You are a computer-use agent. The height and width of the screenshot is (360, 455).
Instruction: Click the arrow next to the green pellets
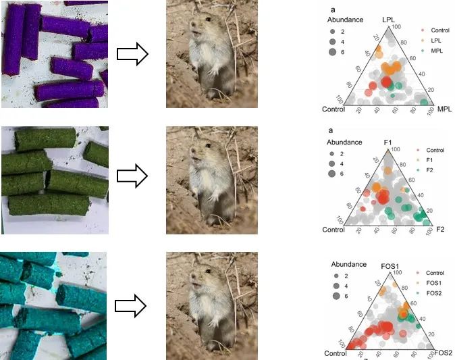pos(132,176)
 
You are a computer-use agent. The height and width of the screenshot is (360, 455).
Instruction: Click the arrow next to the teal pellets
pos(132,306)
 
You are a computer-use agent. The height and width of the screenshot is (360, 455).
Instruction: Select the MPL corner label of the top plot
pos(444,109)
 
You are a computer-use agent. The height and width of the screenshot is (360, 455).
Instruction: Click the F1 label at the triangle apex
pos(387,143)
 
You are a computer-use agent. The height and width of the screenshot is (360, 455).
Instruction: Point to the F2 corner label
pos(440,230)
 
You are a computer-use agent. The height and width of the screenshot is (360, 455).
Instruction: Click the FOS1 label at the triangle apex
pos(392,265)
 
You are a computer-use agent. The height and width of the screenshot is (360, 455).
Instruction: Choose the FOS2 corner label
pos(443,353)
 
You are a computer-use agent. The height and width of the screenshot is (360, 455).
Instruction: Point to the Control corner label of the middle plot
pos(333,230)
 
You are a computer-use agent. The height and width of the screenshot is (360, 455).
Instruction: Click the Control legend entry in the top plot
pos(439,31)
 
